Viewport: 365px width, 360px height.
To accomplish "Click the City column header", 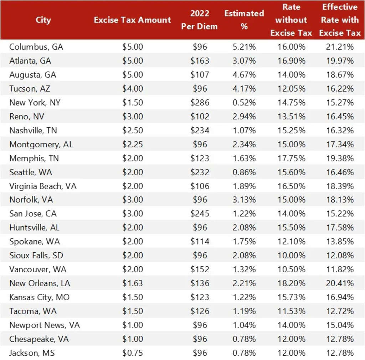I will point(43,20).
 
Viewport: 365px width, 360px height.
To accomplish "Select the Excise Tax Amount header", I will point(132,20).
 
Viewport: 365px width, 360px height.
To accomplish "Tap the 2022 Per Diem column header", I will point(199,20).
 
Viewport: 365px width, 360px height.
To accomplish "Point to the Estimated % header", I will point(244,20).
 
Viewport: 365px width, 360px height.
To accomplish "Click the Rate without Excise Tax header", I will point(291,20).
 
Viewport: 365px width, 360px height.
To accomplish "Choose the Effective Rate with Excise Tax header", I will point(340,20).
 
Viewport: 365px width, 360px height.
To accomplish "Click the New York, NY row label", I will point(35,103).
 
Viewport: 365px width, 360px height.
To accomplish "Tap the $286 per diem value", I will point(200,103).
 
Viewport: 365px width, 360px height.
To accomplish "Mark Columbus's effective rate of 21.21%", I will point(340,47).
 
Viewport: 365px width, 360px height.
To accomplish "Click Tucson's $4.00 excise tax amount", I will point(133,89).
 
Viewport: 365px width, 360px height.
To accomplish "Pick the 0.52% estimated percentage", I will point(244,103).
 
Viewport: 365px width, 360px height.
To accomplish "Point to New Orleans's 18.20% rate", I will point(291,283).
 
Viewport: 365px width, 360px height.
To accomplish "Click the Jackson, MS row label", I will point(32,353).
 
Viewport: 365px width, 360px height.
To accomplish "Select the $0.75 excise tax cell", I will point(133,353).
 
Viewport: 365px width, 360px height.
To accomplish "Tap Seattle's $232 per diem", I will point(200,172).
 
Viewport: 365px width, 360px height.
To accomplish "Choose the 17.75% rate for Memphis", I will point(291,158).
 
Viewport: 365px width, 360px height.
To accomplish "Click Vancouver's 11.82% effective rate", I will point(340,269).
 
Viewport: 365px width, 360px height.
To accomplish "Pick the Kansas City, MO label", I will point(39,297).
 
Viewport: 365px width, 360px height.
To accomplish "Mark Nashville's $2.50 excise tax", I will point(133,130).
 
